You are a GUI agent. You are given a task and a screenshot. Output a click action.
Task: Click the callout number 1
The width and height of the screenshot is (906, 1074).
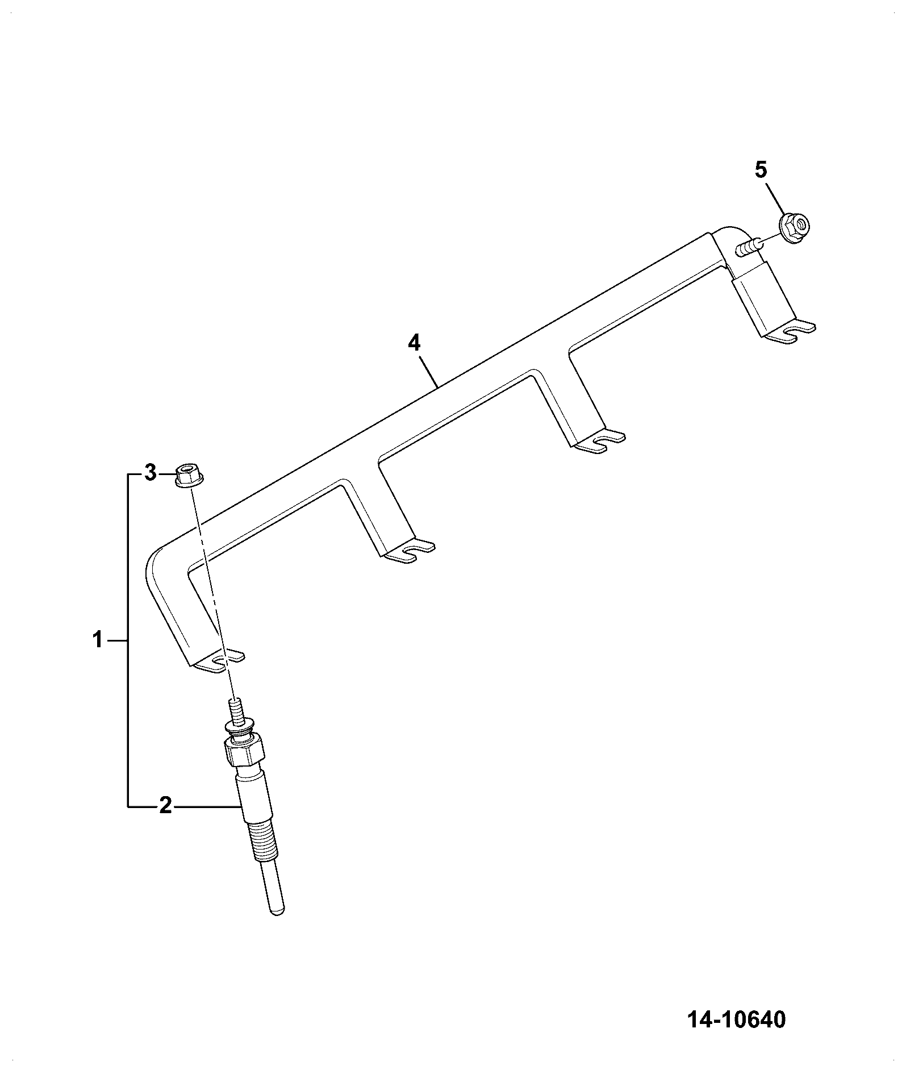(98, 640)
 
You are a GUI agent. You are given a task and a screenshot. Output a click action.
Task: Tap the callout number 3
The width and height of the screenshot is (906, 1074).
(150, 473)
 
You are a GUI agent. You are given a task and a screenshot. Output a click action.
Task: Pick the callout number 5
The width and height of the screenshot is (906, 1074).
(761, 169)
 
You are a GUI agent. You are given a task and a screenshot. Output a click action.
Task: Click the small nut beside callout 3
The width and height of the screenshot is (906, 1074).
(189, 475)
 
